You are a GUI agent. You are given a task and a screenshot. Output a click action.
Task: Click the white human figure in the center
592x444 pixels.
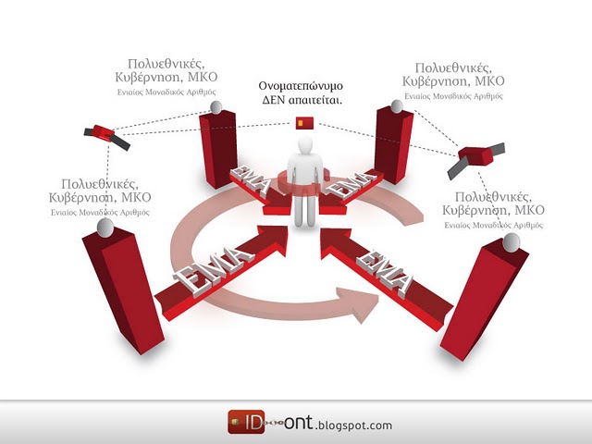click(305, 185)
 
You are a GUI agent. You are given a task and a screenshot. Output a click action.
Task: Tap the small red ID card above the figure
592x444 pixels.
click(304, 122)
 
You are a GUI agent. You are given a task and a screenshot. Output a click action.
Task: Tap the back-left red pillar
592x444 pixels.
click(218, 148)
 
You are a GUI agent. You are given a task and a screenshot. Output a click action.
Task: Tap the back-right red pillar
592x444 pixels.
click(393, 143)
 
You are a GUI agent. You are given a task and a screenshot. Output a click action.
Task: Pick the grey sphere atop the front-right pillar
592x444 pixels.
click(511, 242)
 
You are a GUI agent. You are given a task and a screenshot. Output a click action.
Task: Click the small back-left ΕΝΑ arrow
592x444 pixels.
click(253, 187)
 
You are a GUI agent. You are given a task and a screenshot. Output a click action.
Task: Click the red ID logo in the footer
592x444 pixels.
click(241, 422)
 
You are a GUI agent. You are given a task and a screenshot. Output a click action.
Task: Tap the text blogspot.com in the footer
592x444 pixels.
click(355, 425)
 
